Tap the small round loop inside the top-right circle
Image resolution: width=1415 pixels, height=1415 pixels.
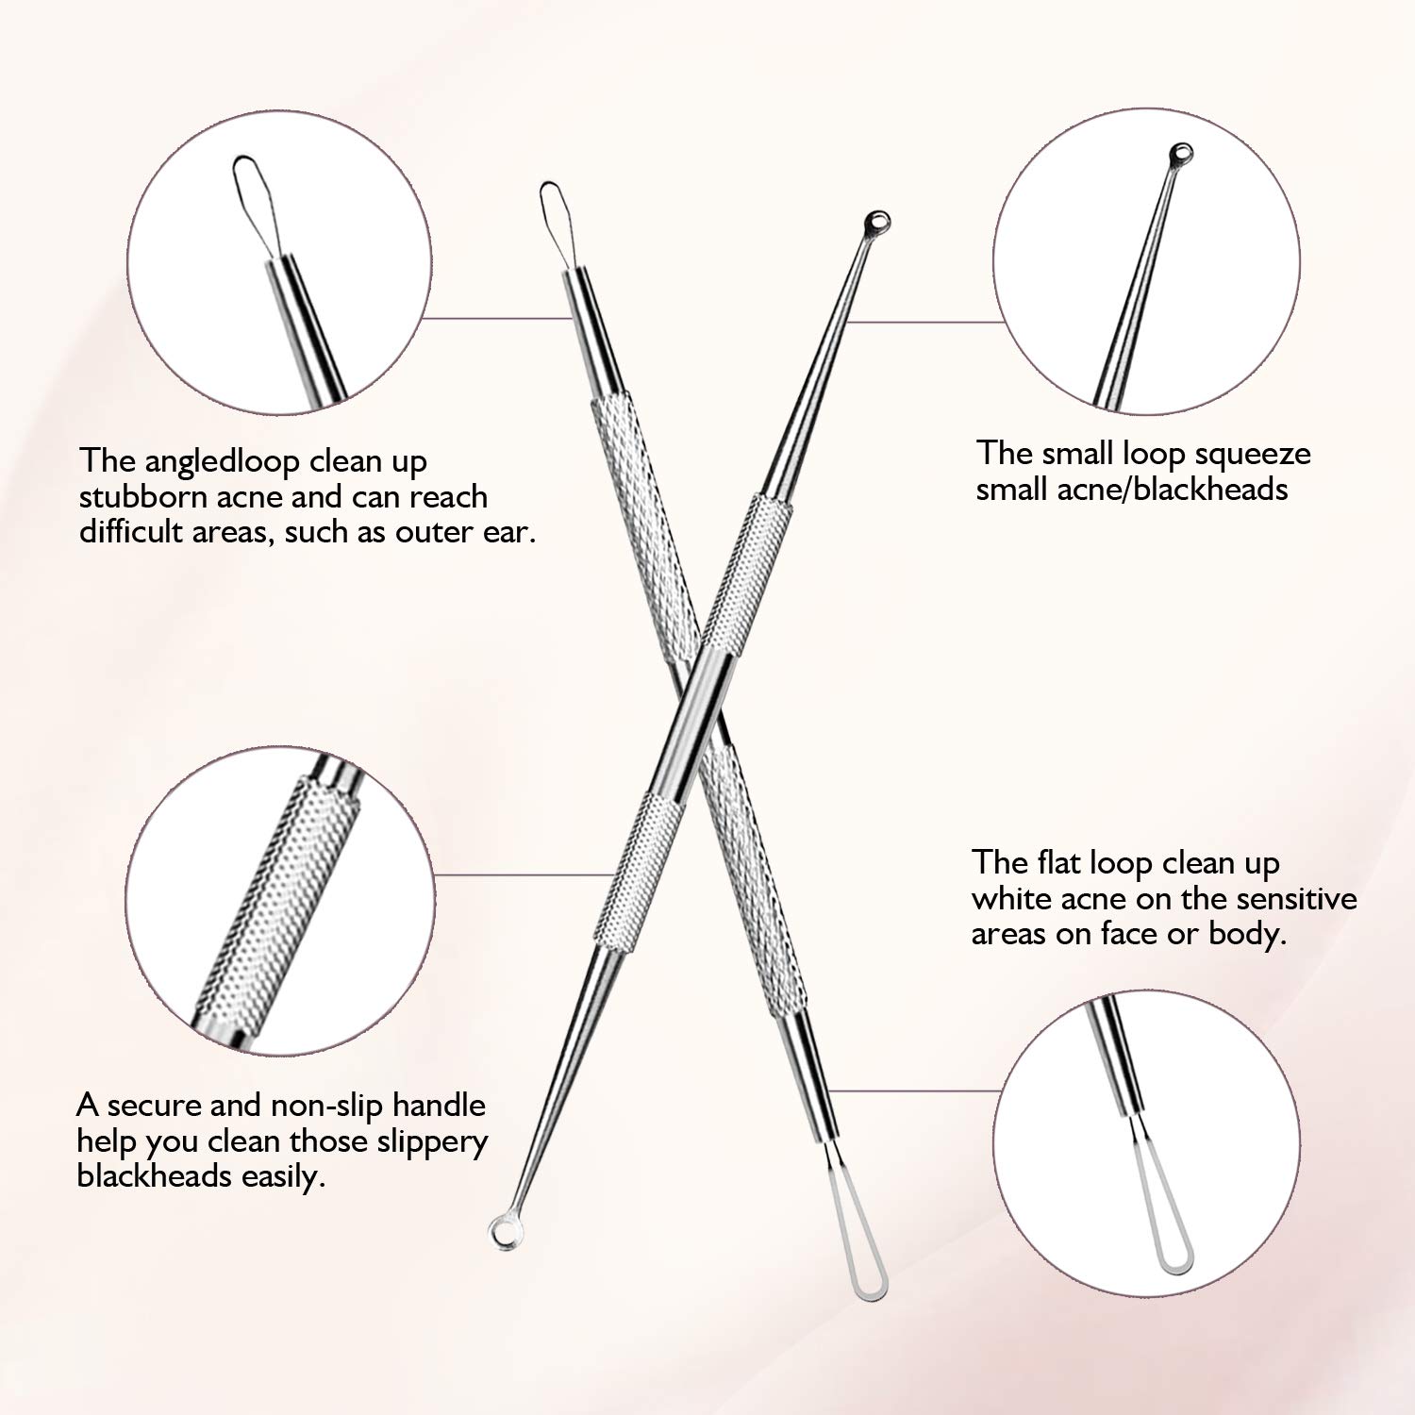[x=1180, y=154]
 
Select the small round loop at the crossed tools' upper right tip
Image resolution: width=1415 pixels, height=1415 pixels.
[x=876, y=223]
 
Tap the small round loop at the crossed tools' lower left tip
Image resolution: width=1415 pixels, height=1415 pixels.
[x=501, y=1231]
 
